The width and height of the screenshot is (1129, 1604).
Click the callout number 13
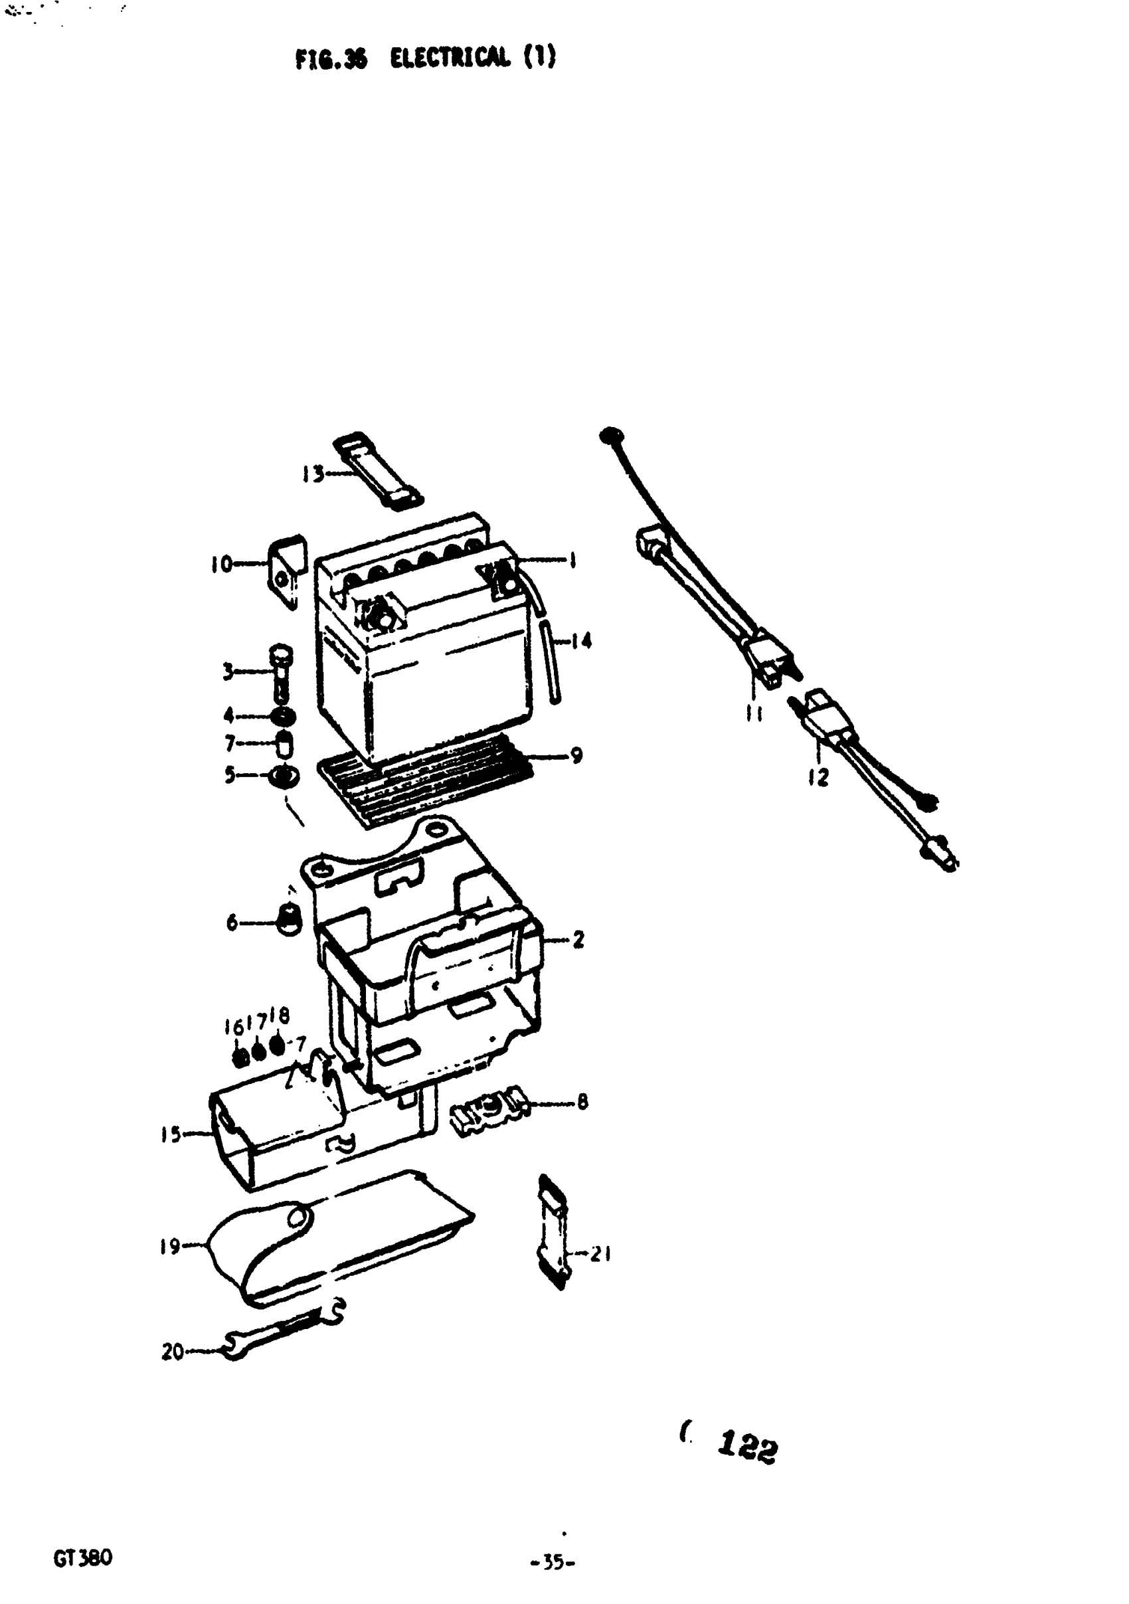(312, 475)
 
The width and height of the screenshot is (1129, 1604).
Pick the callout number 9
(576, 755)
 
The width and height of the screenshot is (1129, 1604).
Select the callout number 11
(753, 714)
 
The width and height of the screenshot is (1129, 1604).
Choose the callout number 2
(578, 940)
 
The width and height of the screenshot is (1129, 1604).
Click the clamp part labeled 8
(489, 1105)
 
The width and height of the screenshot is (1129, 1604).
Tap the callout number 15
(171, 1134)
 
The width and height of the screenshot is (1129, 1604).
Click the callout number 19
(171, 1246)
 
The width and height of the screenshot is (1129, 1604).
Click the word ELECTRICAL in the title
(449, 58)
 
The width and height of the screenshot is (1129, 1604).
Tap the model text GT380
(82, 1558)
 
